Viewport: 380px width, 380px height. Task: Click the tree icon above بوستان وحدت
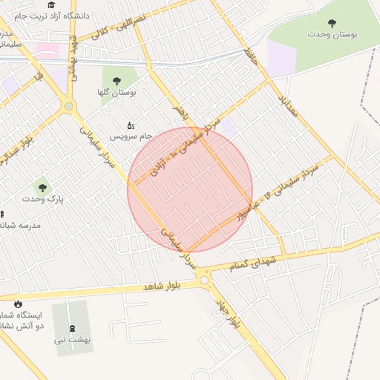coord(332,23)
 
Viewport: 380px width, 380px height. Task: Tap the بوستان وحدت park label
coord(332,34)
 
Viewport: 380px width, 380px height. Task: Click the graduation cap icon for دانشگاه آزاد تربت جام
coord(51,4)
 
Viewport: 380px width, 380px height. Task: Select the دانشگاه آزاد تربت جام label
coord(56,15)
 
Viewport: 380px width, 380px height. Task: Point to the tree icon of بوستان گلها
coord(117,80)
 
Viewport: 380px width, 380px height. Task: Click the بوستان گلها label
coord(116,92)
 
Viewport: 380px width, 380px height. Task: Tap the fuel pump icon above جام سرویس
coord(131,125)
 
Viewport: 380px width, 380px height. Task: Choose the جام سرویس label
coord(131,136)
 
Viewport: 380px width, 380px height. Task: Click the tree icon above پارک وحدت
coord(42,187)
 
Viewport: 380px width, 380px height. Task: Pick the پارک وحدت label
coord(44,199)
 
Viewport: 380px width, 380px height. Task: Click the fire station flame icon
coord(17,304)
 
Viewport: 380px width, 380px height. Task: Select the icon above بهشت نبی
coord(71,328)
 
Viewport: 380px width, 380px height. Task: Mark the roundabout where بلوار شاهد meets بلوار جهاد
coord(204,281)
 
